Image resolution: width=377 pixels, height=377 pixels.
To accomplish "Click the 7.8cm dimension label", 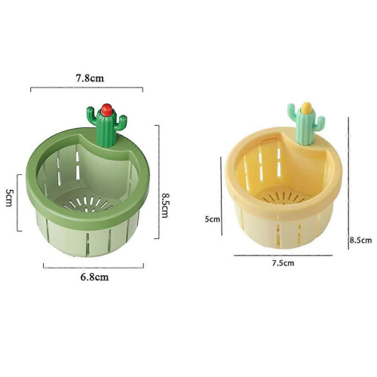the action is (x=90, y=78).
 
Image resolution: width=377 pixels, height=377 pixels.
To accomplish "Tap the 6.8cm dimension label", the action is (x=94, y=277).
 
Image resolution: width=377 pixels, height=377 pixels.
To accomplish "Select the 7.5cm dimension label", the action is (x=283, y=263).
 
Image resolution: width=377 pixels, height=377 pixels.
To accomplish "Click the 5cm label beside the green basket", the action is (x=9, y=198).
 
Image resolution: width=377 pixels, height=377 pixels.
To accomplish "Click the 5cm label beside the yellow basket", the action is (x=213, y=219).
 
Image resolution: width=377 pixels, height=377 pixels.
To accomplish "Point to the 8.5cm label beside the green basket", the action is (x=164, y=205).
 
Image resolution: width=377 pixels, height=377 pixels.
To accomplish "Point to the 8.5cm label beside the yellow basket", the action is (x=360, y=241).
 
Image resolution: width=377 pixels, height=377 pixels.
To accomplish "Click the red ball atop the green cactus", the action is (x=107, y=109).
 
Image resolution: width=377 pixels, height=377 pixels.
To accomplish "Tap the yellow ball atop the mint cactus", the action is (x=306, y=108).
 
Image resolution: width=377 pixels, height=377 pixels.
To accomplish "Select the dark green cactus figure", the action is (x=107, y=126).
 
